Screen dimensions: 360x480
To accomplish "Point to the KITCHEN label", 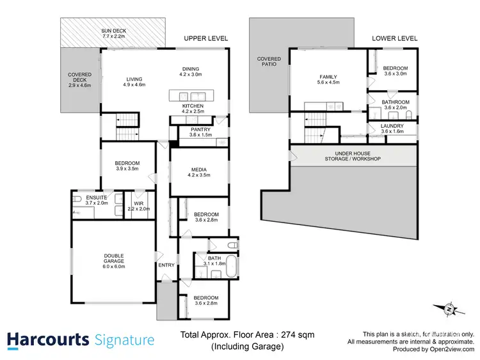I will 193,106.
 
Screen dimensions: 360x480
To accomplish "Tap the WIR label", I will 138,203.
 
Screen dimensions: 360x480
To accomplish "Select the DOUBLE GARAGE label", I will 114,256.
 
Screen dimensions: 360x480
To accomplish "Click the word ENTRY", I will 166,265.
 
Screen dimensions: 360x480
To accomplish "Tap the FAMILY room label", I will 327,77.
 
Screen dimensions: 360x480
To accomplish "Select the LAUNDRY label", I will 392,126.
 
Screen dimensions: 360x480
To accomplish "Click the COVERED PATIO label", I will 269,61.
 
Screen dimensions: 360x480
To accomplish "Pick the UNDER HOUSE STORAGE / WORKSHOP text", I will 352,155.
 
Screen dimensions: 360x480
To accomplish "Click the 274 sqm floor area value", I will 301,334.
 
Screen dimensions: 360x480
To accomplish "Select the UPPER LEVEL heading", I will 205,38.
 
